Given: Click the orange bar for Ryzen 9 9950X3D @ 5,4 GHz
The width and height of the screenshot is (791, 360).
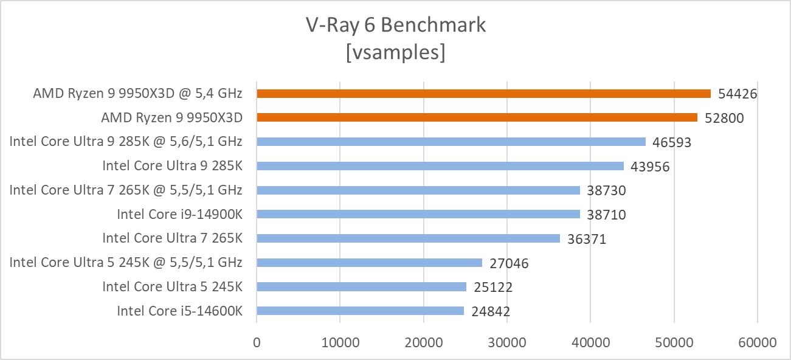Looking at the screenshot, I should click(x=483, y=94).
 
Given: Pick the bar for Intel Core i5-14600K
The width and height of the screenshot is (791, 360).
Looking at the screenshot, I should click(x=360, y=311).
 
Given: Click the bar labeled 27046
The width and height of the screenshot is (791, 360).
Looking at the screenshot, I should click(x=369, y=263).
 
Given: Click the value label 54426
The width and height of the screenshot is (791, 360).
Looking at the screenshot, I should click(x=737, y=94).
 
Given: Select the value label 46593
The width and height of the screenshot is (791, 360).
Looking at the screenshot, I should click(x=672, y=142).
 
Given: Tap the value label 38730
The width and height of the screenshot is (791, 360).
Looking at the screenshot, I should click(x=606, y=190).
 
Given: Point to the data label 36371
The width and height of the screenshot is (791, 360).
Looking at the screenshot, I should click(x=586, y=239).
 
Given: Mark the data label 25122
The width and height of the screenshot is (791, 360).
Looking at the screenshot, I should click(x=492, y=287).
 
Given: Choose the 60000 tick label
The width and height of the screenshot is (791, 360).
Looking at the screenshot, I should click(x=757, y=342).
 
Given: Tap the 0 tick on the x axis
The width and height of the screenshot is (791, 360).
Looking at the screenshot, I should click(x=257, y=342).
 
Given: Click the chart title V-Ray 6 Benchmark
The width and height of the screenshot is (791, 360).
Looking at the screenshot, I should click(x=395, y=25).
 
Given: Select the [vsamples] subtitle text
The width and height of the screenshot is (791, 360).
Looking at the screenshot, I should click(x=395, y=52).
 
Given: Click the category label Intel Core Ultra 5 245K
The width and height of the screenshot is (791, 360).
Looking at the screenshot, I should click(x=172, y=286).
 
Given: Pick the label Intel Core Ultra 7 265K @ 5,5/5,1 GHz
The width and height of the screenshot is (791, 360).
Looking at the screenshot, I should click(x=126, y=190).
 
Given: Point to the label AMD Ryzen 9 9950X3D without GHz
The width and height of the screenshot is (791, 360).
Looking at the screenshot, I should click(x=171, y=117).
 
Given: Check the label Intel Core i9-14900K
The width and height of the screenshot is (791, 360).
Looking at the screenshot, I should click(x=179, y=214).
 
